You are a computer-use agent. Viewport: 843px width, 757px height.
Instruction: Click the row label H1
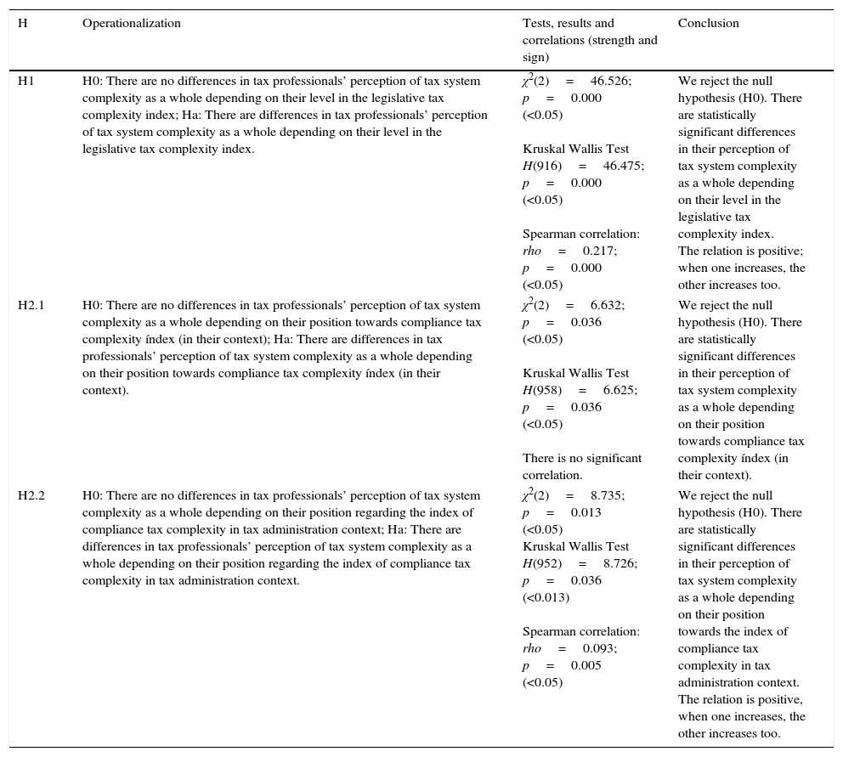(25, 82)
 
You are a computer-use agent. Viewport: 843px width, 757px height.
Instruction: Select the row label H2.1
(31, 306)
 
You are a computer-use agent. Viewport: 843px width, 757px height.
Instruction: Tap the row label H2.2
(31, 496)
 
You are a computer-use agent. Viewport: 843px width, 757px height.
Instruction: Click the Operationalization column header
(132, 24)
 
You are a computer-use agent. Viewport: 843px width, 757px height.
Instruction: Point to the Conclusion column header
(708, 24)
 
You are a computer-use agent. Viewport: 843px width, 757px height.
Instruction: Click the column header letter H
(22, 24)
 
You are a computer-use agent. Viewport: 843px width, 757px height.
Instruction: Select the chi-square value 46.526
(609, 82)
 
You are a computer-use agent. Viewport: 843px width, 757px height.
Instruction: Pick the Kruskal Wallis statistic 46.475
(622, 167)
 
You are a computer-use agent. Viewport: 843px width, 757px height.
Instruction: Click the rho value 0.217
(599, 251)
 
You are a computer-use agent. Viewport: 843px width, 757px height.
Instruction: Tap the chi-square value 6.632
(606, 306)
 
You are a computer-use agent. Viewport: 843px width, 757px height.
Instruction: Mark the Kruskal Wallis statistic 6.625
(619, 391)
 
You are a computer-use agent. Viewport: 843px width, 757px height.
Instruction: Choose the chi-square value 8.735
(606, 496)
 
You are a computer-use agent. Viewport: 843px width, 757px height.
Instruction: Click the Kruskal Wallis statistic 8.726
(619, 564)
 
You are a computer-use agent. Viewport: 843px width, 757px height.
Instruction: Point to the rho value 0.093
(599, 649)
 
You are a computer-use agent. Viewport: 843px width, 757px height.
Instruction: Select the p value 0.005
(586, 666)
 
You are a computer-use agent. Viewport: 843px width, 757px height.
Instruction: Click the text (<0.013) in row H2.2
(546, 598)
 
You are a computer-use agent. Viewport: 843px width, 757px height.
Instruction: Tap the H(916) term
(541, 167)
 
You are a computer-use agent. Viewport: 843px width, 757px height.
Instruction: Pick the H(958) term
(541, 391)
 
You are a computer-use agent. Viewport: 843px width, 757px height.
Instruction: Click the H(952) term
(541, 564)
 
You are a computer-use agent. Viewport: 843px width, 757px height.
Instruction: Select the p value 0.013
(586, 513)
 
